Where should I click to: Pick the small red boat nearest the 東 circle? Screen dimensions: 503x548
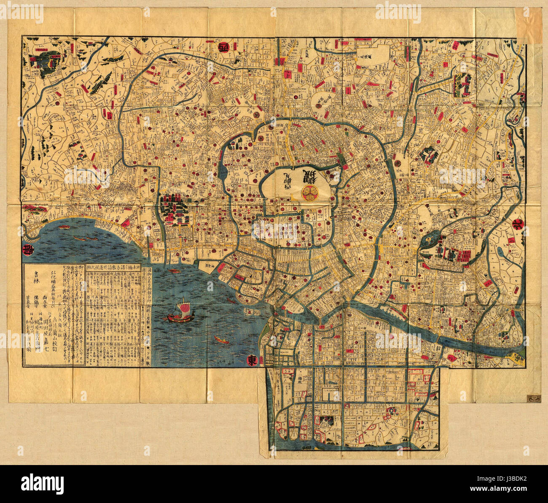pos(221,339)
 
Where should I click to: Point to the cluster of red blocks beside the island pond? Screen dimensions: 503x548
pos(460,256)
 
